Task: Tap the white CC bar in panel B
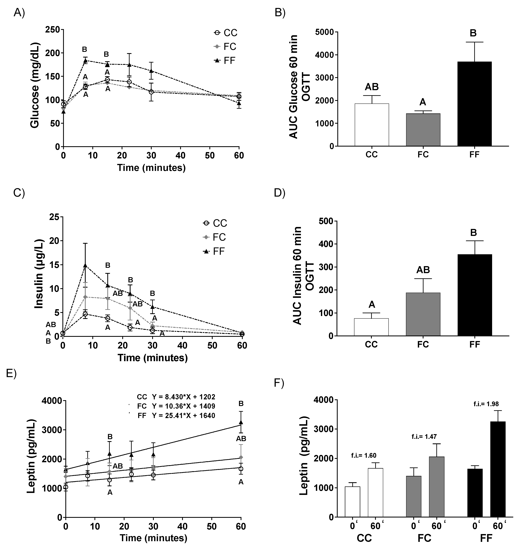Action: click(x=372, y=125)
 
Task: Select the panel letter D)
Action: click(x=280, y=193)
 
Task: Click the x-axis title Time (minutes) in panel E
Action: click(x=153, y=538)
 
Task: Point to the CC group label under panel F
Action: click(x=364, y=538)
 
